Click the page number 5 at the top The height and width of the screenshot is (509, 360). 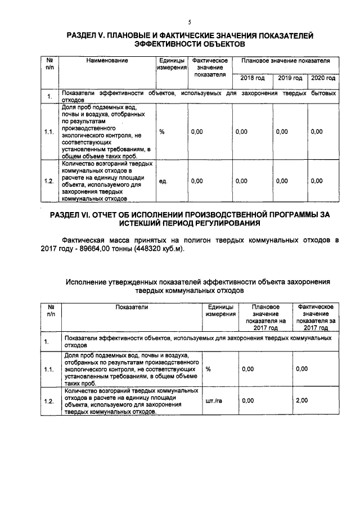[x=190, y=22]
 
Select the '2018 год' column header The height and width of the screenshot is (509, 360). [x=252, y=78]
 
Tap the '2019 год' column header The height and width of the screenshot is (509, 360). [x=290, y=78]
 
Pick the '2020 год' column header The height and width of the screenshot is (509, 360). [x=323, y=78]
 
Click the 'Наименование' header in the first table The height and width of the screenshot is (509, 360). [x=107, y=60]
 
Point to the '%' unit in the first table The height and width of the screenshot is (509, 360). [x=161, y=132]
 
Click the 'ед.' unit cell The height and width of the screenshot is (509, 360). [x=163, y=181]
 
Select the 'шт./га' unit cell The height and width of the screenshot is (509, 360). [x=214, y=400]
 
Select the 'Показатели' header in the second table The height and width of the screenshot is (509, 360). [x=132, y=308]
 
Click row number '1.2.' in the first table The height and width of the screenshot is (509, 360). [x=49, y=181]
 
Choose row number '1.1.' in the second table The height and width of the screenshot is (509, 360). [x=49, y=369]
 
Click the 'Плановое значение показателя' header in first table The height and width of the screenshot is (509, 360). [x=286, y=60]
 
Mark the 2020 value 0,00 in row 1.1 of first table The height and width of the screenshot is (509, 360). [x=317, y=132]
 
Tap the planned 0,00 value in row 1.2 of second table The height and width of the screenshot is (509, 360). [x=247, y=400]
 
